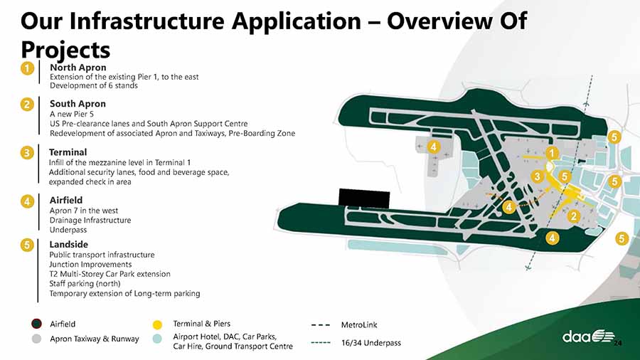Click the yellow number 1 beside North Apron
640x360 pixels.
[27, 68]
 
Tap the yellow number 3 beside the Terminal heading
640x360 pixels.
[27, 153]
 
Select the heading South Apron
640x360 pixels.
[78, 104]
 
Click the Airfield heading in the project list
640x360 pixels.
[65, 200]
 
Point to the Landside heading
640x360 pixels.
[68, 244]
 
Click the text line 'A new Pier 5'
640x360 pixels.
[72, 114]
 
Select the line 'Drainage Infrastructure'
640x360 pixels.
[90, 220]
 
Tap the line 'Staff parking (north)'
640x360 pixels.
[85, 284]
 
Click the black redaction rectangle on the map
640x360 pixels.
[364, 198]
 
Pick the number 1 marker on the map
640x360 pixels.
[552, 153]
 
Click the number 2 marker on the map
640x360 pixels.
[574, 216]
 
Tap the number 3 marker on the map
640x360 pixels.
[537, 176]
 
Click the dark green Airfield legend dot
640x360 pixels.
[36, 324]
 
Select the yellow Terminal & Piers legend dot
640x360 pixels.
[157, 324]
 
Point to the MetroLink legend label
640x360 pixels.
[359, 325]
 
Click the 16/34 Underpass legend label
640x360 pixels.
[371, 343]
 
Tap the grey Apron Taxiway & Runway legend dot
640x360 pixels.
[36, 339]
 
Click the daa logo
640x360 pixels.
[588, 337]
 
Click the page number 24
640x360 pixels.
[618, 343]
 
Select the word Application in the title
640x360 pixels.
[297, 21]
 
